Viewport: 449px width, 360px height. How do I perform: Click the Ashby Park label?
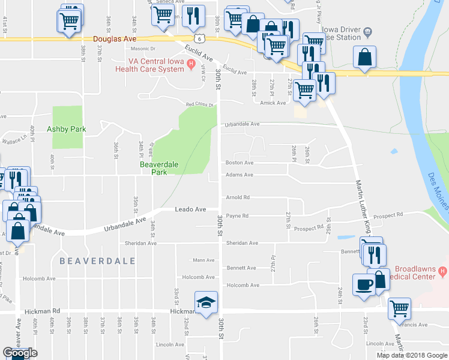click(67, 129)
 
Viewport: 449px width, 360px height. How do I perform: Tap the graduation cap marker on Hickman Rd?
click(206, 302)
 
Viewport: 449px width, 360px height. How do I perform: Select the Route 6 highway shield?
click(205, 38)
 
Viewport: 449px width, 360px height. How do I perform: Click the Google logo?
click(20, 353)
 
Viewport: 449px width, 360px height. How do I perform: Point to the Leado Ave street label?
click(190, 209)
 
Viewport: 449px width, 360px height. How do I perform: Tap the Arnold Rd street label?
click(237, 197)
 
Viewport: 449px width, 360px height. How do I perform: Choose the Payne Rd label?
click(237, 215)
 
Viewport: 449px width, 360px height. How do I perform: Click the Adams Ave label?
click(239, 175)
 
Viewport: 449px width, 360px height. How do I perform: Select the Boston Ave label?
click(240, 163)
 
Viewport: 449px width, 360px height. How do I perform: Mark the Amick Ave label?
click(273, 103)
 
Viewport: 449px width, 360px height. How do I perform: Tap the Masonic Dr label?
click(143, 49)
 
